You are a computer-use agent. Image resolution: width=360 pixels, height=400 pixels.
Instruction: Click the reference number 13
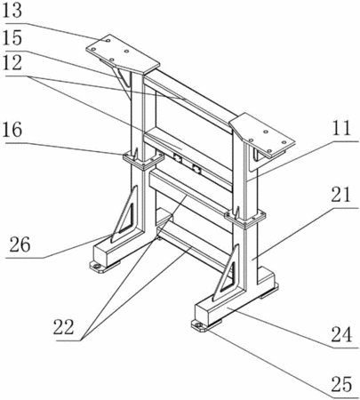pyautogui.click(x=12, y=11)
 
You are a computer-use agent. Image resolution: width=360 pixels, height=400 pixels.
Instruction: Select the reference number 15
pyautogui.click(x=12, y=38)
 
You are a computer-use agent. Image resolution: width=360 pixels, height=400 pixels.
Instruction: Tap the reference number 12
pyautogui.click(x=12, y=63)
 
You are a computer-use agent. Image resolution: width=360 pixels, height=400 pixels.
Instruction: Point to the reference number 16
pyautogui.click(x=12, y=130)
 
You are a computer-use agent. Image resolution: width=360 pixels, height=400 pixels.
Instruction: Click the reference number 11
pyautogui.click(x=340, y=128)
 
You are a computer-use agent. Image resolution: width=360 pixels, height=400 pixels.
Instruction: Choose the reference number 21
pyautogui.click(x=340, y=195)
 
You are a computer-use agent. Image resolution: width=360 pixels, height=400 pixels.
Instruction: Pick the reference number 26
pyautogui.click(x=20, y=244)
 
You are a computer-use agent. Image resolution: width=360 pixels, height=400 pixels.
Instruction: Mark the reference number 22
pyautogui.click(x=63, y=327)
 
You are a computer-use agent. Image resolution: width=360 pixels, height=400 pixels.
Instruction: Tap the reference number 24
pyautogui.click(x=341, y=334)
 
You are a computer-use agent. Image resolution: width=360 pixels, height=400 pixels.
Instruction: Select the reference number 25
pyautogui.click(x=341, y=384)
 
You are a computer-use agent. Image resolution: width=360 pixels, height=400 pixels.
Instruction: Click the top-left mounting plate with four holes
pyautogui.click(x=123, y=53)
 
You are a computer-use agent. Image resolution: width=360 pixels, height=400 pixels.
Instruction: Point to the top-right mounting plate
pyautogui.click(x=263, y=135)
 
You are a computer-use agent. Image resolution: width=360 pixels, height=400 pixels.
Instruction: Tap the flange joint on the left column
pyautogui.click(x=143, y=160)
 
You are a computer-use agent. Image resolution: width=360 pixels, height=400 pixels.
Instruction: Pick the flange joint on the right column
pyautogui.click(x=244, y=219)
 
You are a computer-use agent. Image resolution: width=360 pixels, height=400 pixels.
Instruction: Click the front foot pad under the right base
pyautogui.click(x=200, y=325)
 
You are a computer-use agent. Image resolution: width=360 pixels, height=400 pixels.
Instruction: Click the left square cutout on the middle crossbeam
pyautogui.click(x=178, y=158)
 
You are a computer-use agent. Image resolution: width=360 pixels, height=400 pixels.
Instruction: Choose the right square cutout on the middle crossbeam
pyautogui.click(x=196, y=169)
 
